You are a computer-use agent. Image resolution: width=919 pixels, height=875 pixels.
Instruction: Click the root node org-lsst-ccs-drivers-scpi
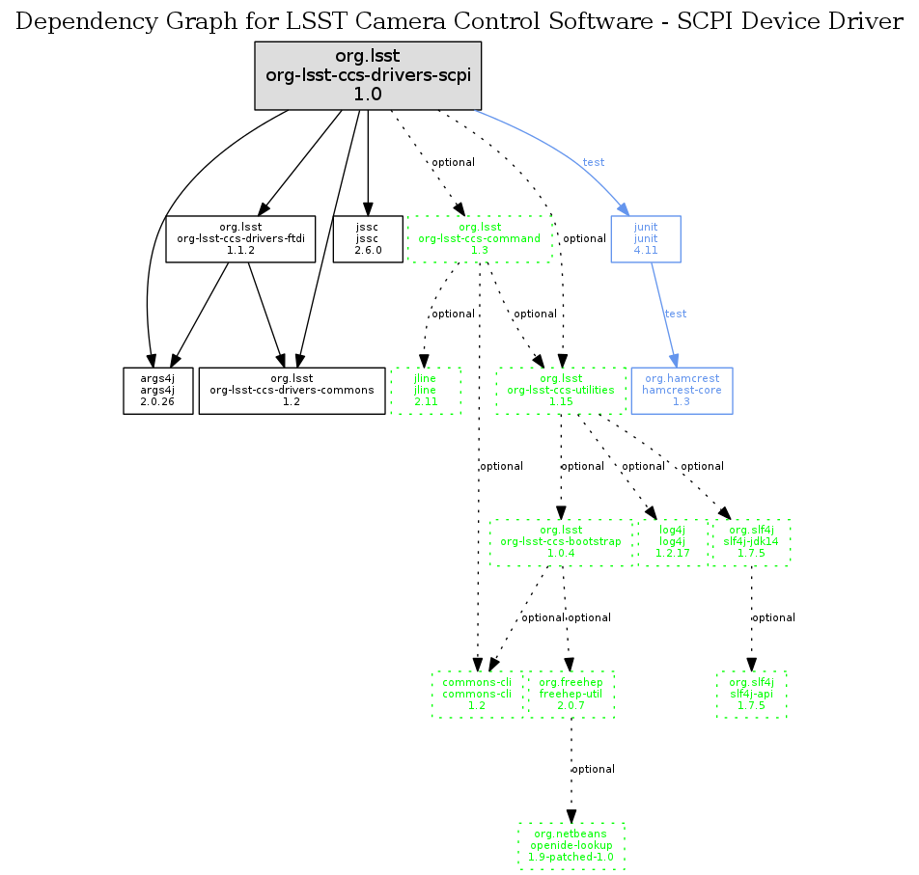[x=367, y=76]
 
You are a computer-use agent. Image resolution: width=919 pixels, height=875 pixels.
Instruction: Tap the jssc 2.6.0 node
[x=367, y=238]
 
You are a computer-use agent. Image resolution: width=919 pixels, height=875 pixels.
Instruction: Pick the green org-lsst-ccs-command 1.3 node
[x=479, y=238]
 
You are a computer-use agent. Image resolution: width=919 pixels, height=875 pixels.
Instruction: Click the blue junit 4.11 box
[x=646, y=238]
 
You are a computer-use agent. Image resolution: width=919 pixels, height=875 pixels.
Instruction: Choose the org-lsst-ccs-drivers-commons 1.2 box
[x=292, y=390]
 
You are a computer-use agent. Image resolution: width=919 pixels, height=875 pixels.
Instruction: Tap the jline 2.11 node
[x=426, y=390]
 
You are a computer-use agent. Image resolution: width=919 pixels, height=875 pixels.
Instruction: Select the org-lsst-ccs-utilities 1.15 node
[x=562, y=390]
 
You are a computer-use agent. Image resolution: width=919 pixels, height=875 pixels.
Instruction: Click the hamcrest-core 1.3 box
[x=681, y=390]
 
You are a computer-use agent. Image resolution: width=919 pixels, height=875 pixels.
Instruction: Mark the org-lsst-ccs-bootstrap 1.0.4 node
[x=560, y=541]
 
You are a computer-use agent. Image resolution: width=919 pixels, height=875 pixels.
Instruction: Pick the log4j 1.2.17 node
[x=672, y=541]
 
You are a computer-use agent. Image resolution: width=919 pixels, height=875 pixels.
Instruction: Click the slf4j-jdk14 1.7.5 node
[x=751, y=541]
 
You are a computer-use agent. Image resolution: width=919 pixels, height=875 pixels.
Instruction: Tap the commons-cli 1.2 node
[x=477, y=693]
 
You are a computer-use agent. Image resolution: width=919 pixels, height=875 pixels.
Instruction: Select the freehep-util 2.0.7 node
[x=571, y=693]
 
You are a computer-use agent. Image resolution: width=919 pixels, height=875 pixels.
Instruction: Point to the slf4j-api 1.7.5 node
[x=751, y=693]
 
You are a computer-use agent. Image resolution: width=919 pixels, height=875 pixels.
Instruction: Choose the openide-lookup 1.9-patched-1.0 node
[x=571, y=845]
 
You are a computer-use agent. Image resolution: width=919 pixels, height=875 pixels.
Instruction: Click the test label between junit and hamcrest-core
[x=676, y=314]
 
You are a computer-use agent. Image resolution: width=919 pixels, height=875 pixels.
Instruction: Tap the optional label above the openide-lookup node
[x=594, y=769]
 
